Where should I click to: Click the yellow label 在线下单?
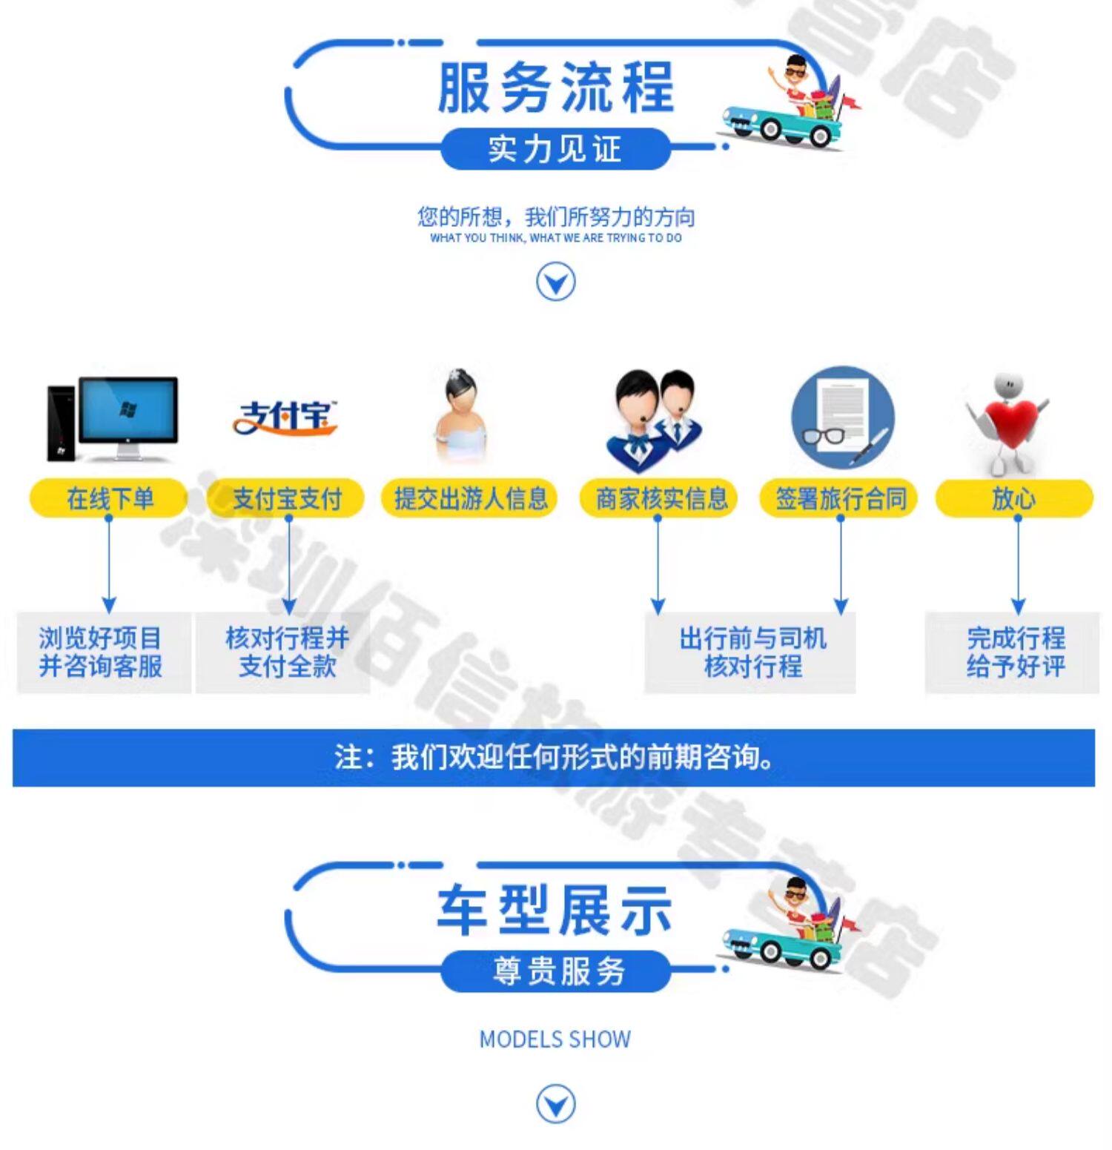(108, 498)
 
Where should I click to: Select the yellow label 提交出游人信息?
(469, 498)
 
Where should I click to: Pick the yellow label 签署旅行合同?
(839, 498)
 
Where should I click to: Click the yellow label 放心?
(1014, 498)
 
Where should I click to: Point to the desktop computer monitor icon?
(128, 409)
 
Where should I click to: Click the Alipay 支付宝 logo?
(285, 417)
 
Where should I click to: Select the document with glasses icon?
(842, 417)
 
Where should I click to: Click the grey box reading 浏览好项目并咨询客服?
(102, 652)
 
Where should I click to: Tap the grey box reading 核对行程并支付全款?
(285, 652)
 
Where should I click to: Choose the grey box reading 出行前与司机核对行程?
(750, 652)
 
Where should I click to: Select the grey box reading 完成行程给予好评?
(1014, 652)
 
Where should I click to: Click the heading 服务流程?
(556, 87)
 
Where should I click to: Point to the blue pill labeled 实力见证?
(556, 149)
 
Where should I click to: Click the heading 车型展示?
(556, 910)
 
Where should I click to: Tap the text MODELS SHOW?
(555, 1040)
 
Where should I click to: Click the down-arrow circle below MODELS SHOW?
(555, 1104)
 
